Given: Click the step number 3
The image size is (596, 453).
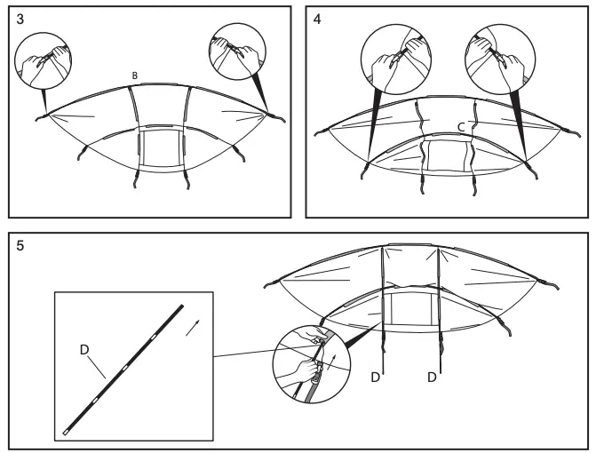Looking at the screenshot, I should [19, 19].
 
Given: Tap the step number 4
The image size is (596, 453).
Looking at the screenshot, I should [317, 19].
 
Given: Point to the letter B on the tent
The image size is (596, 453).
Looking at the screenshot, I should [134, 76].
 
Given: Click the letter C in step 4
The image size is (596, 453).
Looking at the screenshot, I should [462, 127].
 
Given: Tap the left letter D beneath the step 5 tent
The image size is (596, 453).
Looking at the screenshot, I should [375, 377].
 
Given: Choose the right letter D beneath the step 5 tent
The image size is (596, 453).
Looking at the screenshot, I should [432, 377].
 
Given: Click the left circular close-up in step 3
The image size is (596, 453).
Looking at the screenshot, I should [44, 60].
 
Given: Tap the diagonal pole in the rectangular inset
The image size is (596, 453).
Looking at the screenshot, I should [124, 368].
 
